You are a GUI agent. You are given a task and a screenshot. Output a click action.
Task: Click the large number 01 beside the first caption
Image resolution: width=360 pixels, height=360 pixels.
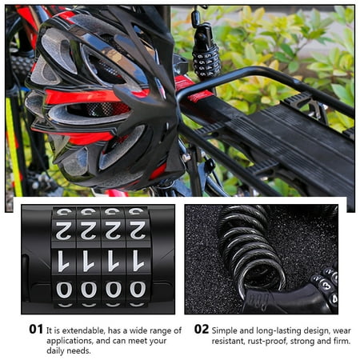pyautogui.click(x=36, y=329)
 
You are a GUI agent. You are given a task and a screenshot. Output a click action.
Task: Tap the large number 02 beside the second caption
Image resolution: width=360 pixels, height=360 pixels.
pyautogui.click(x=202, y=329)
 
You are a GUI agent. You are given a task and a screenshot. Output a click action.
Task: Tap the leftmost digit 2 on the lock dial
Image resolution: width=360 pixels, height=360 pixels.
pyautogui.click(x=64, y=230)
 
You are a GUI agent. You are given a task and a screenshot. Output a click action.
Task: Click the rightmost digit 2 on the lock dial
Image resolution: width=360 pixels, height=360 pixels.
pyautogui.click(x=138, y=230)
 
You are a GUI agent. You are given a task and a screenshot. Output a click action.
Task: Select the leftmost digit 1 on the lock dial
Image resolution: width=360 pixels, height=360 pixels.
pyautogui.click(x=63, y=261)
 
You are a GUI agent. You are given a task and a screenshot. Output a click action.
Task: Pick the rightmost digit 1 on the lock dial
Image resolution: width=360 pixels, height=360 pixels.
pyautogui.click(x=138, y=261)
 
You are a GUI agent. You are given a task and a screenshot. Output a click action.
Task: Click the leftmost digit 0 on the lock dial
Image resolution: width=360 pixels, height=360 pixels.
pyautogui.click(x=64, y=290)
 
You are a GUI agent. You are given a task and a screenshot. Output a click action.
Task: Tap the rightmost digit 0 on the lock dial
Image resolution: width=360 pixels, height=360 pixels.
pyautogui.click(x=138, y=290)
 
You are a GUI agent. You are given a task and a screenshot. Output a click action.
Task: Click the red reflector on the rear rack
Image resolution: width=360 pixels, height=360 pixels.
pyautogui.click(x=200, y=96)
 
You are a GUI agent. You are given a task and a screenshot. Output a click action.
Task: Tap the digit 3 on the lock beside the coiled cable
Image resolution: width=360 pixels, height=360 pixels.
pyautogui.click(x=326, y=286)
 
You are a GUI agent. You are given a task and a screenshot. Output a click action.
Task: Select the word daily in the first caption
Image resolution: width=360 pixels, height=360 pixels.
pyautogui.click(x=55, y=351)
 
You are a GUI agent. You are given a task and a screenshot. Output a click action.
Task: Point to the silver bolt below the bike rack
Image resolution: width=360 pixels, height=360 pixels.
pyautogui.click(x=186, y=158)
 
